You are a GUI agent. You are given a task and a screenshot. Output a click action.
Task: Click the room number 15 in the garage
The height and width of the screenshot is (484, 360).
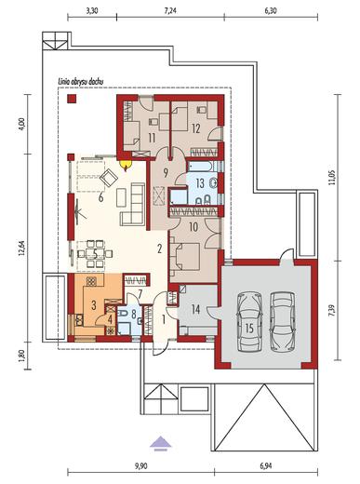click(249, 329)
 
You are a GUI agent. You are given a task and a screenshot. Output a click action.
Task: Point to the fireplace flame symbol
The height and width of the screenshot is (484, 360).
click(126, 166)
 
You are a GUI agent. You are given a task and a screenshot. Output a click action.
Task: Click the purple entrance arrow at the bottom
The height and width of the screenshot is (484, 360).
click(161, 442)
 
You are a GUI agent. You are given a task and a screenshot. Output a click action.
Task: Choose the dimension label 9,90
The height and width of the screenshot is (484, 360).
click(141, 465)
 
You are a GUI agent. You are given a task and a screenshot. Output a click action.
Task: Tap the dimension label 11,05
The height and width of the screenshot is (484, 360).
click(332, 178)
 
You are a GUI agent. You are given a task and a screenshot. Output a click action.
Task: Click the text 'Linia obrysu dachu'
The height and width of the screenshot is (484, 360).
click(81, 82)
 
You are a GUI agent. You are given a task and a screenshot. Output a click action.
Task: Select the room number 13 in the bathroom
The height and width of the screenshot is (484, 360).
click(200, 183)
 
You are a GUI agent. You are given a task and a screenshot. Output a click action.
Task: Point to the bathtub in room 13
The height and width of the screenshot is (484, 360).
click(201, 166)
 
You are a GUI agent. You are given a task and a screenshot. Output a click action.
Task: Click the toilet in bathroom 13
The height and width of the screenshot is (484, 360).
click(213, 183)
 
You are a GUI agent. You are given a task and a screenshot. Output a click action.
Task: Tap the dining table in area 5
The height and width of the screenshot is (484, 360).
click(95, 253)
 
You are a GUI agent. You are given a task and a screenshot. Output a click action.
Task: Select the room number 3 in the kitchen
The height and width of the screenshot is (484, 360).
click(94, 305)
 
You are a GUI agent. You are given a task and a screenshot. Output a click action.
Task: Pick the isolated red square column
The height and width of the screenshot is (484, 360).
click(72, 99)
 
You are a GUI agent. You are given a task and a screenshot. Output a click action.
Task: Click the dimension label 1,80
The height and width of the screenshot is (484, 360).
click(21, 356)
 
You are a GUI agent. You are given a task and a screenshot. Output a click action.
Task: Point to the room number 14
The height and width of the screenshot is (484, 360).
click(195, 309)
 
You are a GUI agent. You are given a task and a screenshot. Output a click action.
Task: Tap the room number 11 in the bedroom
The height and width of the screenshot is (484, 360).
click(152, 138)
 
